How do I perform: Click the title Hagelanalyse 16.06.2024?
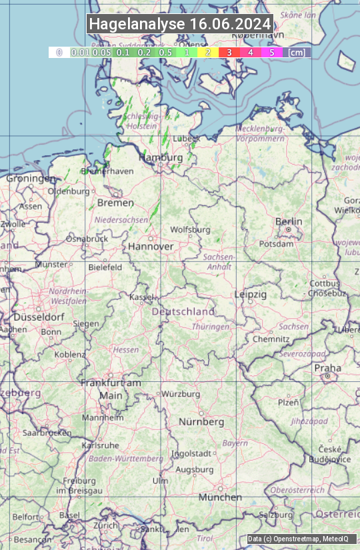(180, 24)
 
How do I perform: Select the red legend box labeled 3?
(229, 52)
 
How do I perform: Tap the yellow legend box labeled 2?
(208, 52)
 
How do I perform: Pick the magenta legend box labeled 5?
(271, 52)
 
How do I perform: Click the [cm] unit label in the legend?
(297, 52)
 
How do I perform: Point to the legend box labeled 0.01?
(80, 52)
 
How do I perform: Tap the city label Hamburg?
(160, 157)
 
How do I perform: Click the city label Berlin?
(289, 221)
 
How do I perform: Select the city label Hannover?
(151, 246)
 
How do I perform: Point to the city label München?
(220, 497)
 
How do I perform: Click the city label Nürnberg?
(201, 422)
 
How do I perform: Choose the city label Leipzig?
(251, 294)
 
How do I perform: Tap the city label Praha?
(327, 368)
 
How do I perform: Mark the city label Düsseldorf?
(39, 317)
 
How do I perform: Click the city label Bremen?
(115, 203)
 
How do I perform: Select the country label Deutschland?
(183, 311)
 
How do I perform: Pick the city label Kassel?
(142, 297)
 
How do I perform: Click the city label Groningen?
(31, 179)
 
